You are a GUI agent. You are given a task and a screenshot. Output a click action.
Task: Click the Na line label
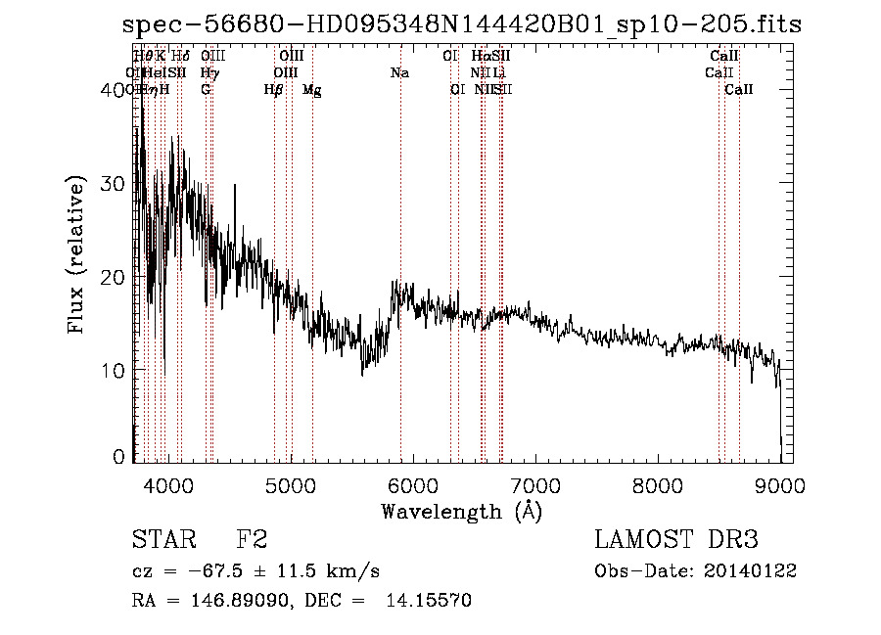pyautogui.click(x=399, y=73)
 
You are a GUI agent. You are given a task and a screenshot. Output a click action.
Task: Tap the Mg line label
pyautogui.click(x=311, y=90)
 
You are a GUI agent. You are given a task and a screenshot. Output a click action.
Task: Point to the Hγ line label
pyautogui.click(x=209, y=73)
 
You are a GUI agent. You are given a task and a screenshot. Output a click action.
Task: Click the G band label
pyautogui.click(x=206, y=90)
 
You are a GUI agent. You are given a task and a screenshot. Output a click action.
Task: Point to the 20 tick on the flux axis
pyautogui.click(x=114, y=278)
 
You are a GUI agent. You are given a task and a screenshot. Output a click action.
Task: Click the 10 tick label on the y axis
pyautogui.click(x=114, y=371)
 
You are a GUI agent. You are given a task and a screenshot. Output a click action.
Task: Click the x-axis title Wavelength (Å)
pyautogui.click(x=461, y=511)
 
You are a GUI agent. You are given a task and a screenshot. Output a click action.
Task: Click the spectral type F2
pyautogui.click(x=252, y=540)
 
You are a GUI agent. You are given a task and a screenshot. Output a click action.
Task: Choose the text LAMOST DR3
pyautogui.click(x=676, y=540)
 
